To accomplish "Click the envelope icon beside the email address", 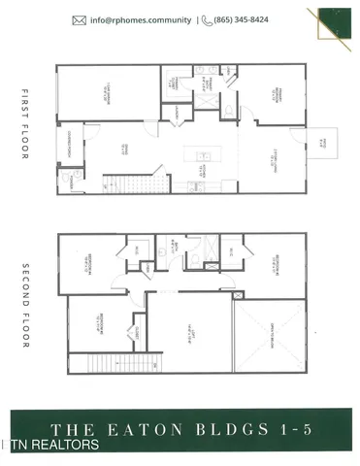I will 79,19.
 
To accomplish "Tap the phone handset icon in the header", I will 208,19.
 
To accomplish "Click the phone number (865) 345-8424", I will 248,19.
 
